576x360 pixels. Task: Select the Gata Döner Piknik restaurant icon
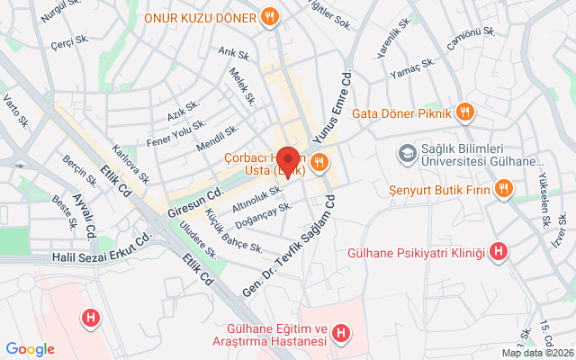click(465, 113)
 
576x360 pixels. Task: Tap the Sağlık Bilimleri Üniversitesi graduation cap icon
click(407, 155)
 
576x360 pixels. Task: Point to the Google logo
click(30, 349)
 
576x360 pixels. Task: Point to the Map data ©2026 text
click(536, 353)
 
